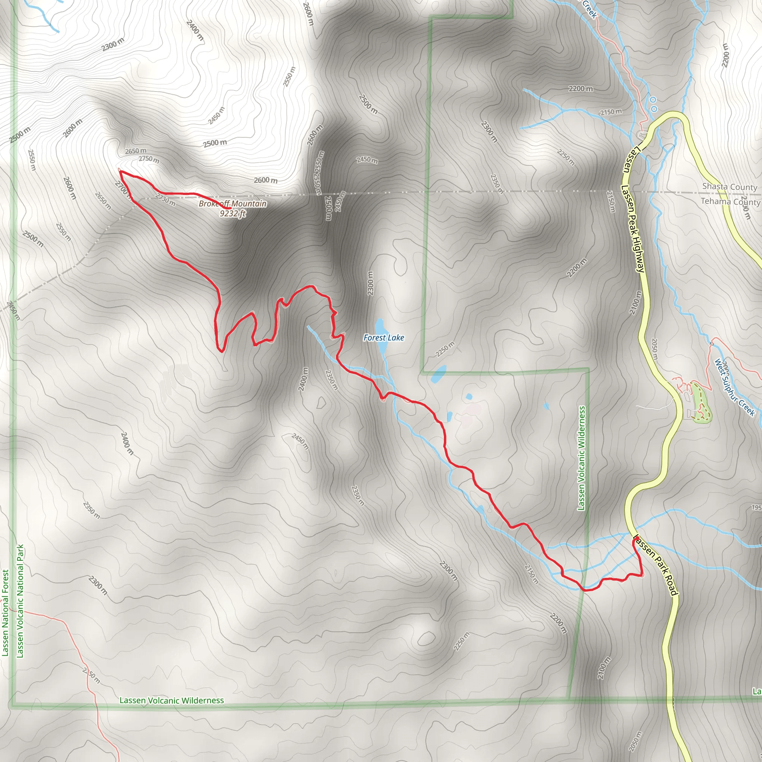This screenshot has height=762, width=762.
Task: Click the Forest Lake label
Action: tap(383, 337)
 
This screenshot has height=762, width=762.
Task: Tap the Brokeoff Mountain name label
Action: tap(232, 204)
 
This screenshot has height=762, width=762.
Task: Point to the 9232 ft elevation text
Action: tap(233, 213)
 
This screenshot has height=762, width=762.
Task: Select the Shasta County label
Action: tap(729, 186)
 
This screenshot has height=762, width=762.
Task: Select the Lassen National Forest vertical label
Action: tap(5, 613)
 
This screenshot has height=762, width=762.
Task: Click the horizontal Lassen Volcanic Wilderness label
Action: tap(172, 700)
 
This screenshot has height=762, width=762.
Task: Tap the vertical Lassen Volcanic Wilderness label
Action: tap(582, 458)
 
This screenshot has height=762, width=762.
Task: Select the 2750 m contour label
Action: tap(149, 159)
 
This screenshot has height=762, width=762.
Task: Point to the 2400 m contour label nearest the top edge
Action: tap(195, 30)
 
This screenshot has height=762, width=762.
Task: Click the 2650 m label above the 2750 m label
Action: tap(136, 151)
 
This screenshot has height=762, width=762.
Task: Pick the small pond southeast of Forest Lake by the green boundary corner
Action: tap(439, 374)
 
